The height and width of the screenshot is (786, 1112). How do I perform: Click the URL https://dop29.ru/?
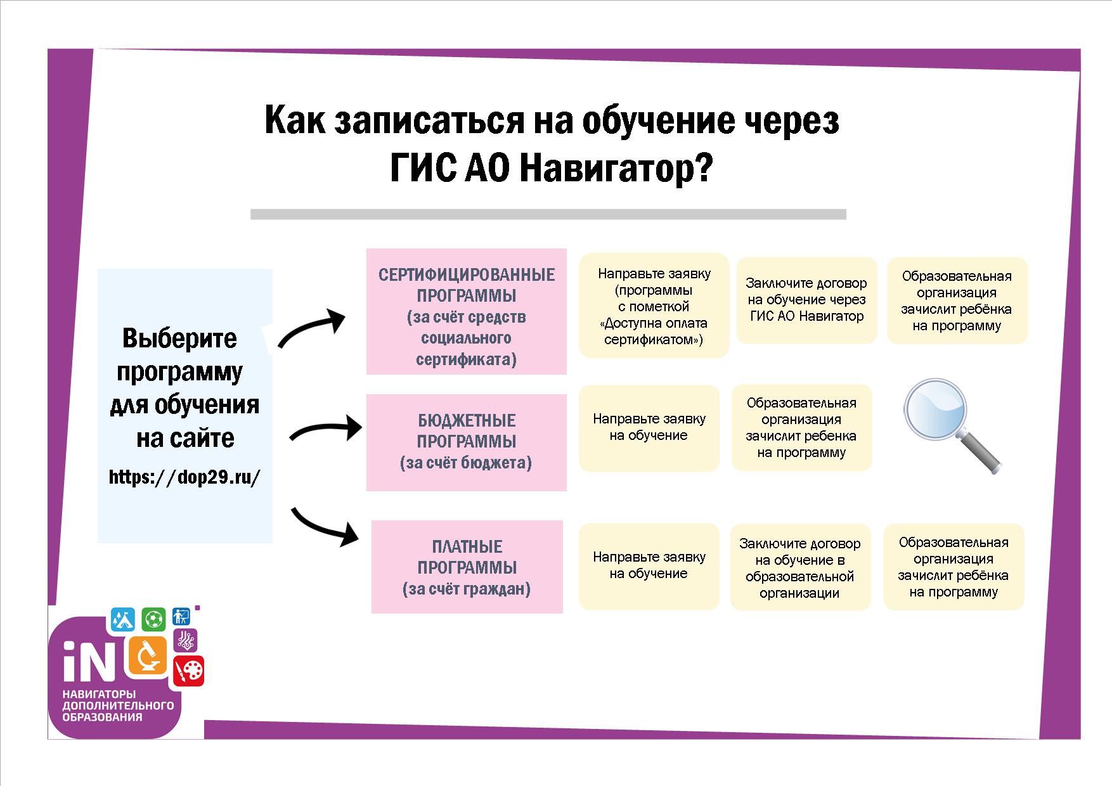click(184, 477)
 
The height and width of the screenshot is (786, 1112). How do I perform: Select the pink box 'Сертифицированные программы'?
click(467, 311)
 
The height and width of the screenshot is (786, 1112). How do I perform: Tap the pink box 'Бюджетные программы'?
click(467, 442)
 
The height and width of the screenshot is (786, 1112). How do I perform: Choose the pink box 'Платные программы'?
click(467, 567)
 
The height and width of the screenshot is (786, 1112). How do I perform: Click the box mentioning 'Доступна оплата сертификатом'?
click(654, 306)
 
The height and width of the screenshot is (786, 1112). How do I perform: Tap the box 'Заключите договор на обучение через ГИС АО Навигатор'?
click(806, 300)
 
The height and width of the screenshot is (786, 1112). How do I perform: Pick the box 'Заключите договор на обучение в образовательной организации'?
click(800, 567)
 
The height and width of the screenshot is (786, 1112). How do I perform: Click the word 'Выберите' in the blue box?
click(179, 338)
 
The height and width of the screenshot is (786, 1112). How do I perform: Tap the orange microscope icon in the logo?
click(148, 655)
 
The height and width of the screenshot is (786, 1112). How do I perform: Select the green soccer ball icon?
click(153, 619)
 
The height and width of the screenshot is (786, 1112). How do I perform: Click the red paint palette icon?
click(189, 671)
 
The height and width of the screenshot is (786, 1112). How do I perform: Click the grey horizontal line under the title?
click(548, 214)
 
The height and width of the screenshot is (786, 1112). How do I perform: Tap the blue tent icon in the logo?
click(123, 618)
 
